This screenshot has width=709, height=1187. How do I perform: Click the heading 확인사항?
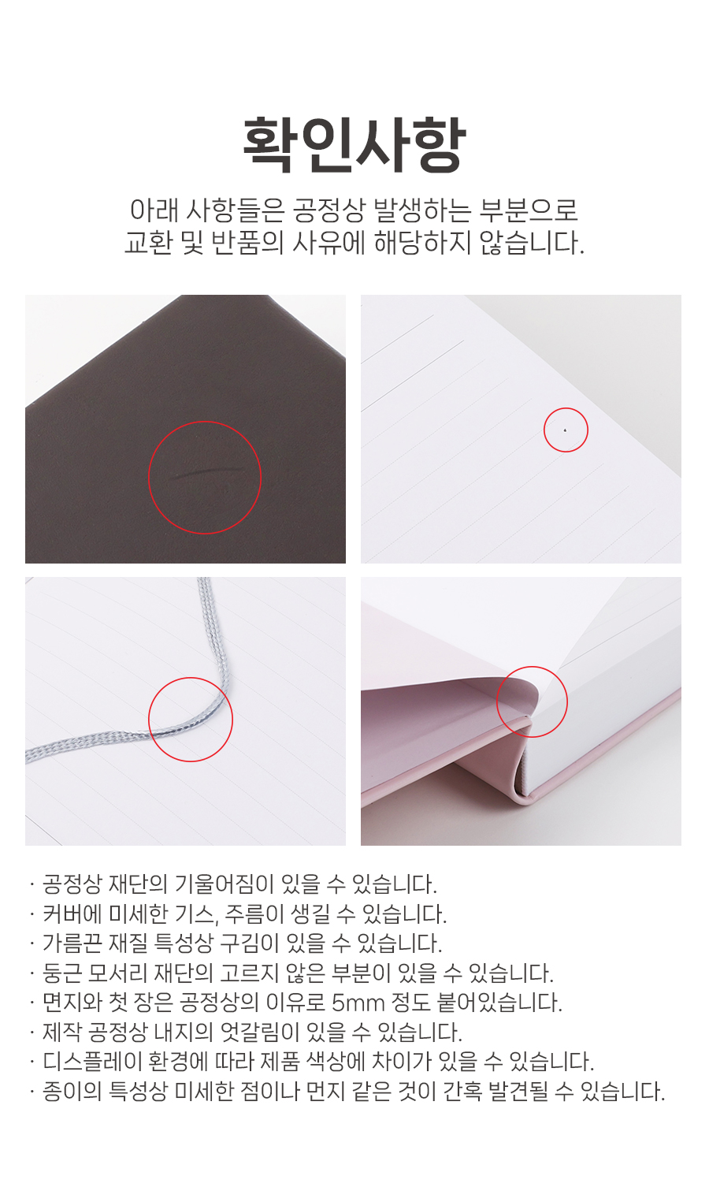[354, 145]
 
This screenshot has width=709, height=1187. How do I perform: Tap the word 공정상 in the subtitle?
[329, 211]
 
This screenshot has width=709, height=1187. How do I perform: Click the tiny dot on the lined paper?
[566, 430]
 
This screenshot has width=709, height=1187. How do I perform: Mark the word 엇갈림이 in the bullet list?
[259, 1032]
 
